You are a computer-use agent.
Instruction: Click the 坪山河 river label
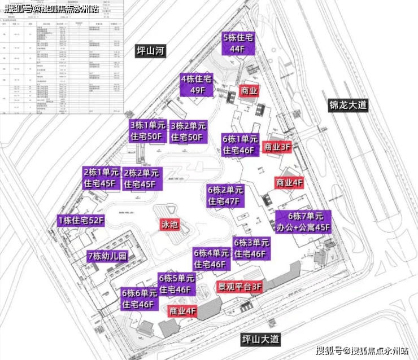coord(151,51)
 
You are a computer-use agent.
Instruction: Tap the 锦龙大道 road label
coord(348,105)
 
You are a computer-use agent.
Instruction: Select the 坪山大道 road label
coord(260,339)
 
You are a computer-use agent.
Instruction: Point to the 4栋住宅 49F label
coord(199,84)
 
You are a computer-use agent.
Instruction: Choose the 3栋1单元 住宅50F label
coord(147,131)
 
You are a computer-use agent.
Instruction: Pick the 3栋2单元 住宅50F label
coord(189,131)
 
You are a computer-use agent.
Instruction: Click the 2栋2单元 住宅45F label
coord(142,178)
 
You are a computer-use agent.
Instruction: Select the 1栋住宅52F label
coord(81,221)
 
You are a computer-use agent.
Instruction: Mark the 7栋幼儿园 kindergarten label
coord(107,256)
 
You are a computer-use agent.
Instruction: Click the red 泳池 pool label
coord(169,225)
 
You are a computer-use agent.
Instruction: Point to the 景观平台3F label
coord(240,287)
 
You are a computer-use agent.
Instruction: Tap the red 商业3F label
coord(277,147)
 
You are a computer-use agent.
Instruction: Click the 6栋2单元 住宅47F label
coord(225,195)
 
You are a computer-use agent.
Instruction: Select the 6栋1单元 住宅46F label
coord(240,145)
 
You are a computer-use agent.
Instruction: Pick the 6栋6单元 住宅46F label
coord(139,299)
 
